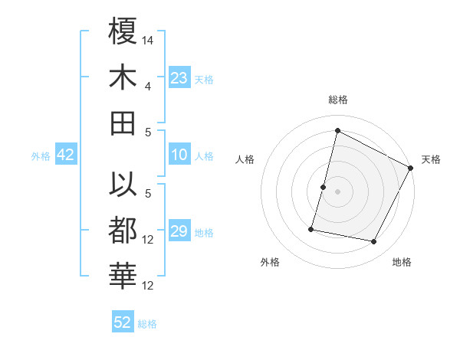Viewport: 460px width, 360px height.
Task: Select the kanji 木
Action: coord(123,77)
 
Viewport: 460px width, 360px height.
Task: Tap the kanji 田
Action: coord(123,123)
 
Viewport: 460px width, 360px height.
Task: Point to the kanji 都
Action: coord(123,231)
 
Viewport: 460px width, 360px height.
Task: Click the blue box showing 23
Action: coord(179,78)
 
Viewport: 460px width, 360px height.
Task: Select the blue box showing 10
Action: coord(179,155)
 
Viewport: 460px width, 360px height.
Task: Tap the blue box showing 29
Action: coord(179,231)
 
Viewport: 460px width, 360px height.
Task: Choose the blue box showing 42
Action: coord(65,155)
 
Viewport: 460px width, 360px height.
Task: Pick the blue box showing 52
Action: coord(123,322)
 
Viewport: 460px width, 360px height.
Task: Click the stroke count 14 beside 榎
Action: coord(149,40)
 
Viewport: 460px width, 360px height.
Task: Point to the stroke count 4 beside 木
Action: coord(149,86)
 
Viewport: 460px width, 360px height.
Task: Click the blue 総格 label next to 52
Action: coord(147,324)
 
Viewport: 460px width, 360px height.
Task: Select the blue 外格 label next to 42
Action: coord(41,156)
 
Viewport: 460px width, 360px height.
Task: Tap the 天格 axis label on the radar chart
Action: coord(431,159)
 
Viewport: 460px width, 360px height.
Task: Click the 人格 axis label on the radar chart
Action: coord(245,159)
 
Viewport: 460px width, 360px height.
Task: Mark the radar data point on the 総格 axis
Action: coord(337,131)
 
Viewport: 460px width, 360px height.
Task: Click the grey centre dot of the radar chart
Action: coord(337,191)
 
